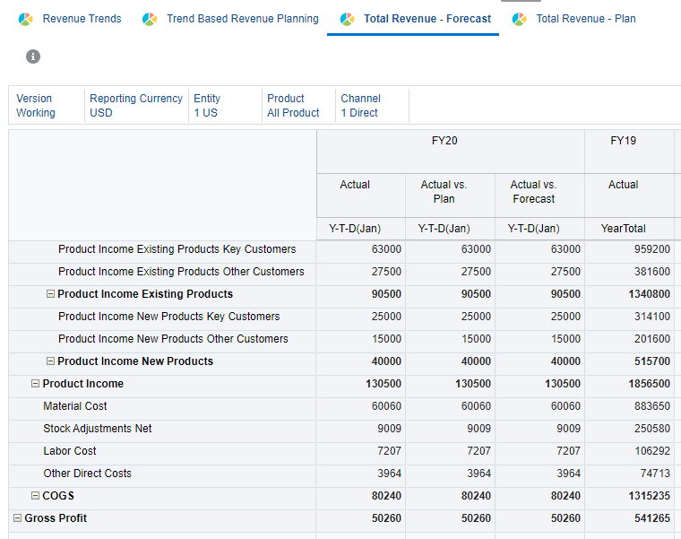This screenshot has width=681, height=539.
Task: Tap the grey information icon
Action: pos(33,57)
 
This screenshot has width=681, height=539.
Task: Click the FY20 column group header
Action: pos(444,141)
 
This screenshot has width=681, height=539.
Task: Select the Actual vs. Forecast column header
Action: pos(533,192)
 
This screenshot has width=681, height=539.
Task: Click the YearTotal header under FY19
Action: pos(624,229)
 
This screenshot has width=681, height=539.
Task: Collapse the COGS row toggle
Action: pos(36,496)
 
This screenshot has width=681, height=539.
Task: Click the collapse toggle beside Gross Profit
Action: pos(17,518)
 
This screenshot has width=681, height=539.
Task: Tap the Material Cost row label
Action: pos(75,406)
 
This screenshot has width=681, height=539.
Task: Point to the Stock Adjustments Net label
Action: pos(98,429)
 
